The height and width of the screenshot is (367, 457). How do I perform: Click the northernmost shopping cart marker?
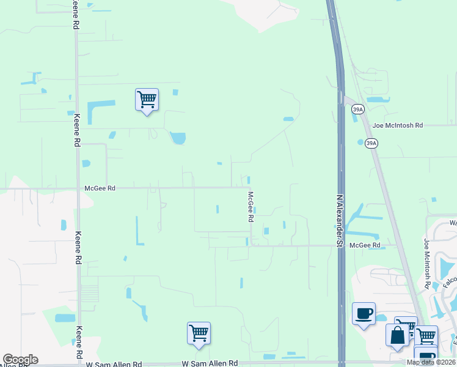[147, 99]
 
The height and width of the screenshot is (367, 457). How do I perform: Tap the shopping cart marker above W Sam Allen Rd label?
[199, 333]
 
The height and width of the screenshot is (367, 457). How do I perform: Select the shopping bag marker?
[397, 335]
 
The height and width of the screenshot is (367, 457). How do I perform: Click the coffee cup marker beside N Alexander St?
[364, 314]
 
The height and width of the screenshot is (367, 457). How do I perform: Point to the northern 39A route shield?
[359, 109]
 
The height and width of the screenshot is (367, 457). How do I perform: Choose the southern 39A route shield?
[371, 143]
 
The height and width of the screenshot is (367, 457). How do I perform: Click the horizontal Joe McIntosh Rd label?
[398, 125]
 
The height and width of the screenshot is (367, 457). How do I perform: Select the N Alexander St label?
[339, 221]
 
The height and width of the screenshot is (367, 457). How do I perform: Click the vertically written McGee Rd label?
[250, 207]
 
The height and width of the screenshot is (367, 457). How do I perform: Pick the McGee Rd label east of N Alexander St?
[365, 245]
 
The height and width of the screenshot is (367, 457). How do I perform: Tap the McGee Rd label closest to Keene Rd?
[100, 189]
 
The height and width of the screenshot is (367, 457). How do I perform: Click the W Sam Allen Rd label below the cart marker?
[210, 363]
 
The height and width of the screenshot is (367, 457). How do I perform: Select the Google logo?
[20, 360]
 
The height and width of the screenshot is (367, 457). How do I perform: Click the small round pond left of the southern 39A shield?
[360, 143]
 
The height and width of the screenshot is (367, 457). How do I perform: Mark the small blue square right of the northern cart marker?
[175, 92]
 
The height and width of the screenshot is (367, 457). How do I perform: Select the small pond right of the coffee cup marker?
[382, 317]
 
